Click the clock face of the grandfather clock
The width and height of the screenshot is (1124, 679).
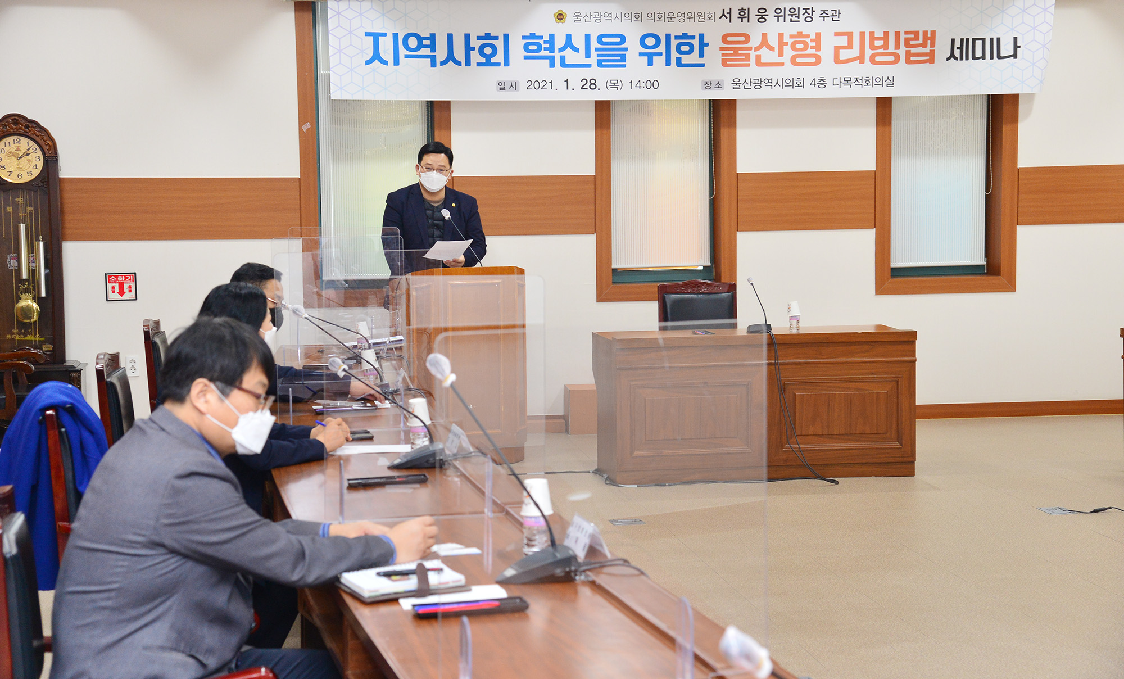point(21,159)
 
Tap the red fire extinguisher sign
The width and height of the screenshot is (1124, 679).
point(121,287)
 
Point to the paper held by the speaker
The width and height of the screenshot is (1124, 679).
point(448,250)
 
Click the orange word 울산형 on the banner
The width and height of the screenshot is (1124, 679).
point(770,49)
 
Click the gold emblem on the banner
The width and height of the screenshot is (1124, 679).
point(560,16)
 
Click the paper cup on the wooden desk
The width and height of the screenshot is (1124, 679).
point(794,316)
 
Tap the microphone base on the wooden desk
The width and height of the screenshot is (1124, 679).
point(759,328)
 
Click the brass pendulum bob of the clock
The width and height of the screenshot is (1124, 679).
point(26,309)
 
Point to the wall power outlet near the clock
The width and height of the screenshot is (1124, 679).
point(133,366)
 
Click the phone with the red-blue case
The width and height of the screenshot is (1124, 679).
point(470,607)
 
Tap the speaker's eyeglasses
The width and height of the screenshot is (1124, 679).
point(434,169)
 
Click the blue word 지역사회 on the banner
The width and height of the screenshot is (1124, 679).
point(437,49)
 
